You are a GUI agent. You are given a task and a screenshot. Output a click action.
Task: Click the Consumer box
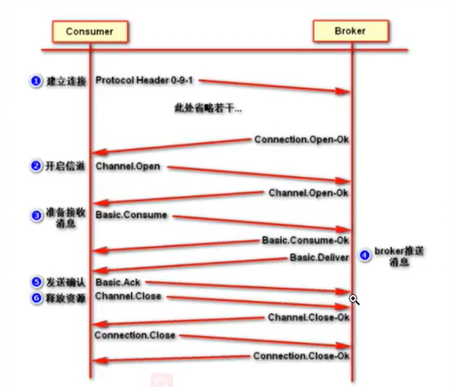coord(90,31)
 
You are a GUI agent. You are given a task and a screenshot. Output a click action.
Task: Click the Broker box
coord(350,31)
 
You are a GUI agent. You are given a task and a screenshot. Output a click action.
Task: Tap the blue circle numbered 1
coord(35,81)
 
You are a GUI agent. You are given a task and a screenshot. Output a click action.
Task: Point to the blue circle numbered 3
coord(35,216)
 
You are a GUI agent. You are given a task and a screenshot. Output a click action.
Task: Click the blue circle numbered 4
coord(365,256)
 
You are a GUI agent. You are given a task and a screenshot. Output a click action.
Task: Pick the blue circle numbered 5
coord(35,282)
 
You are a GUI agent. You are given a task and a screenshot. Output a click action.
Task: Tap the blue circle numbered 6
coord(35,297)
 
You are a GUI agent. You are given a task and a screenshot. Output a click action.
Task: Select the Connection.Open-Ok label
coord(301,139)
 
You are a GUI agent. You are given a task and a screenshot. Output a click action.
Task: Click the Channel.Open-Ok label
coord(308,193)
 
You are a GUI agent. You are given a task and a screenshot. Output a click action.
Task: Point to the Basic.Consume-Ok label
coord(305,240)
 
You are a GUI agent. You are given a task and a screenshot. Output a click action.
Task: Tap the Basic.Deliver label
coord(319,257)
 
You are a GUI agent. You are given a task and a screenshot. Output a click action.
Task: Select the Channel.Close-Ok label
coord(308,318)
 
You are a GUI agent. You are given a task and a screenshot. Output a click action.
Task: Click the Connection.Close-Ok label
coord(301,356)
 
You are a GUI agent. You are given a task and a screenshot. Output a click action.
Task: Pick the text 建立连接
coord(66,81)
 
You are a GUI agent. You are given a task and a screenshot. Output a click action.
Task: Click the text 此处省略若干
coord(208,107)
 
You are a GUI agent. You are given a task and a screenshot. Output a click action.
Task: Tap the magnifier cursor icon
coord(354,299)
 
